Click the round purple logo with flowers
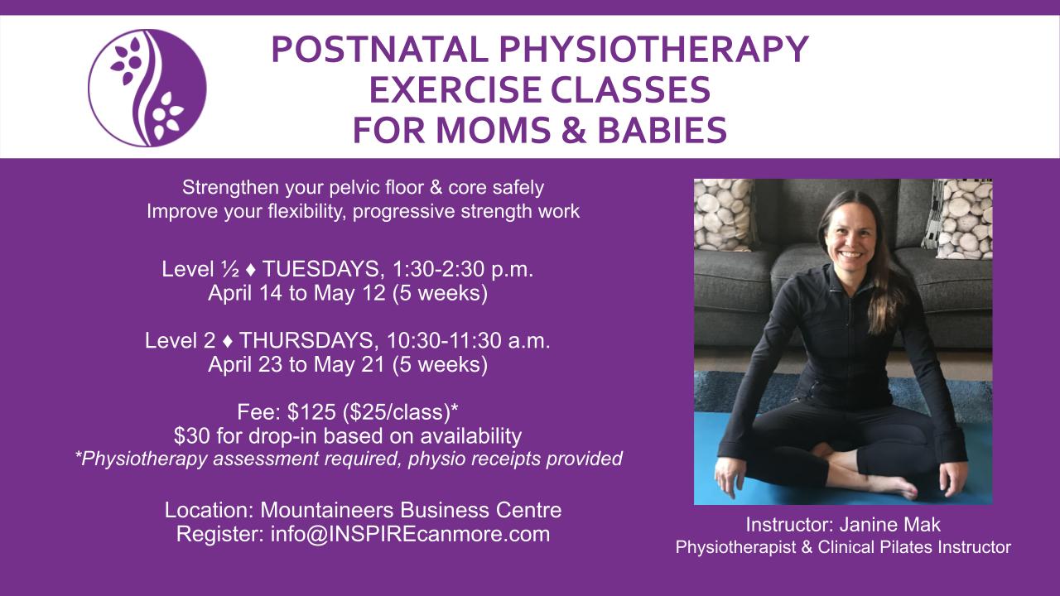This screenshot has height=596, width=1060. (x=147, y=88)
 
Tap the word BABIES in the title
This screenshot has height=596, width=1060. (x=662, y=130)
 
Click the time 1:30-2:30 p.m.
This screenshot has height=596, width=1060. (x=463, y=269)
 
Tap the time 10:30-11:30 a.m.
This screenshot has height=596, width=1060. (x=469, y=340)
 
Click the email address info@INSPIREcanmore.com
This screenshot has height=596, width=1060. (x=410, y=534)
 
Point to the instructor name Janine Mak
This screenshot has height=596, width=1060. (x=890, y=525)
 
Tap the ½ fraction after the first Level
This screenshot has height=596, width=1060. (x=230, y=269)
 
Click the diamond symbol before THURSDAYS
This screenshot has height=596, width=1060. (x=228, y=341)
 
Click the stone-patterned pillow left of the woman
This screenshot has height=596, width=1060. (x=723, y=214)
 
